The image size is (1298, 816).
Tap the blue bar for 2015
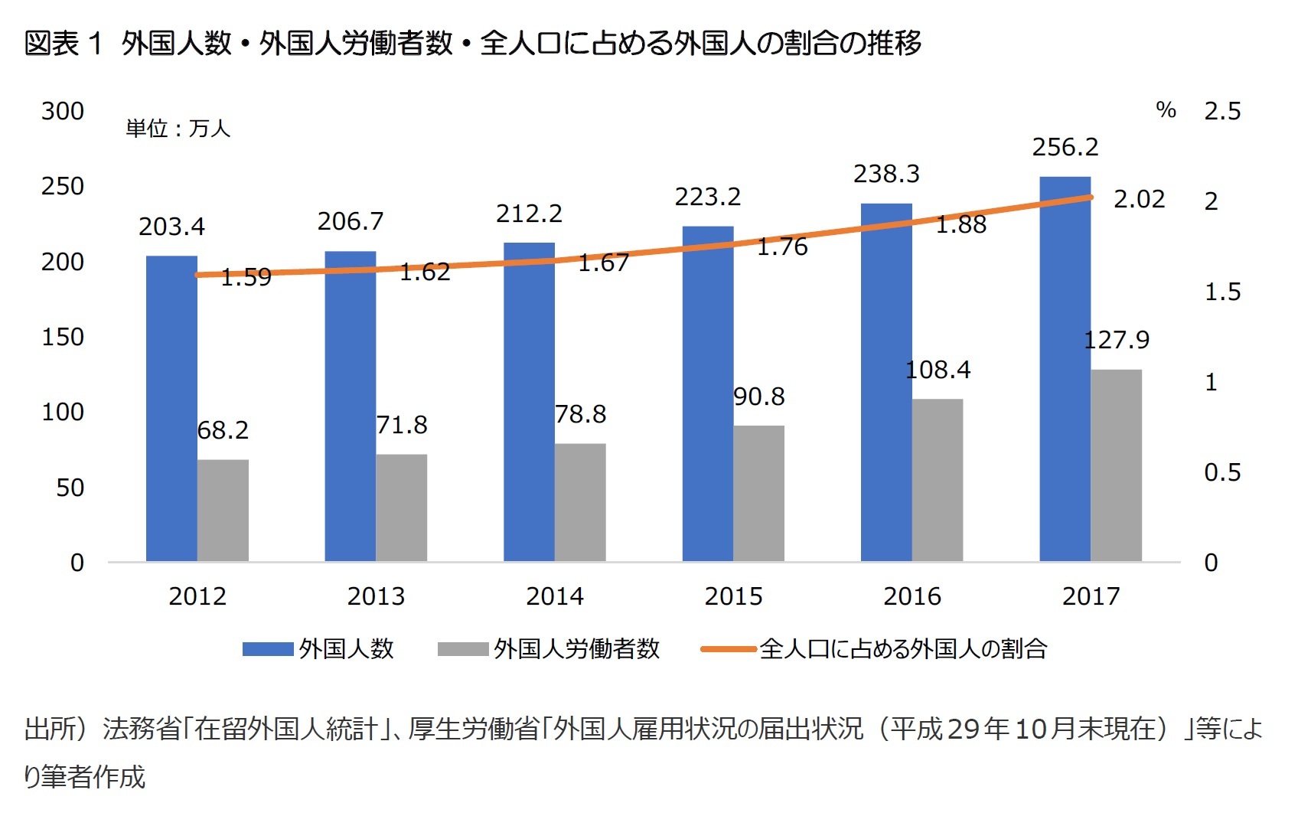[707, 393]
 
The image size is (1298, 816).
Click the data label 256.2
[1065, 147]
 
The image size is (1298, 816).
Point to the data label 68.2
[223, 430]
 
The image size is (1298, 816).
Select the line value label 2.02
[1139, 199]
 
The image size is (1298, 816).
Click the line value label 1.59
[246, 277]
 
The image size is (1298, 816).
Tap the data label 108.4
[938, 370]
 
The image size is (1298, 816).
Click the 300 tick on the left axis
[63, 111]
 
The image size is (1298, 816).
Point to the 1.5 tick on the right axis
[1221, 292]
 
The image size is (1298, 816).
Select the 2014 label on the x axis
[554, 596]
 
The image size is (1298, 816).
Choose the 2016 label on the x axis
[912, 596]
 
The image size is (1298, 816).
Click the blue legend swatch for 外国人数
[268, 649]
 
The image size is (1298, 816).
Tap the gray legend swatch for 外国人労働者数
[462, 649]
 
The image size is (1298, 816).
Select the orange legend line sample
[729, 649]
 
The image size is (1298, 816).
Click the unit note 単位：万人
[178, 128]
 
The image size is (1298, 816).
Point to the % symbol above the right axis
[1166, 110]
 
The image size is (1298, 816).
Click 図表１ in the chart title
[63, 43]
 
